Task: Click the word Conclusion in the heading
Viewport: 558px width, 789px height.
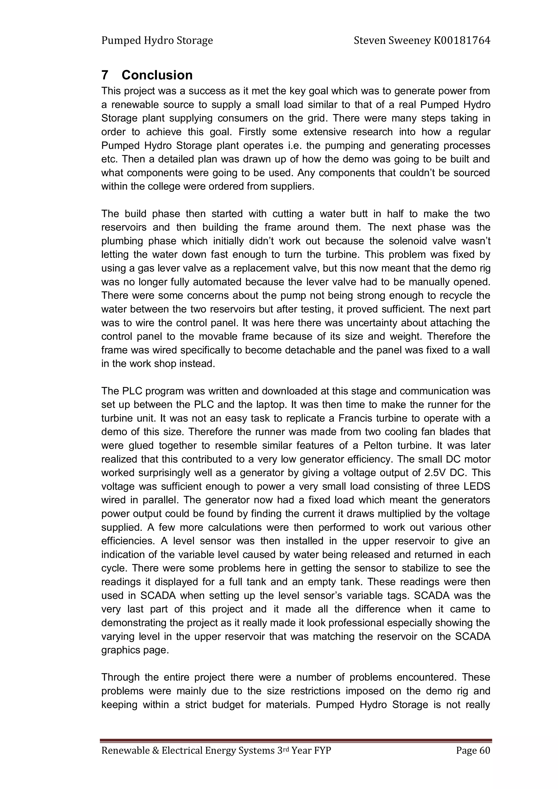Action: [157, 75]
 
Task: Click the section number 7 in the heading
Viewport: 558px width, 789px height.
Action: [105, 75]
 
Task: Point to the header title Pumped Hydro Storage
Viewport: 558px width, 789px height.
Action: [157, 41]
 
